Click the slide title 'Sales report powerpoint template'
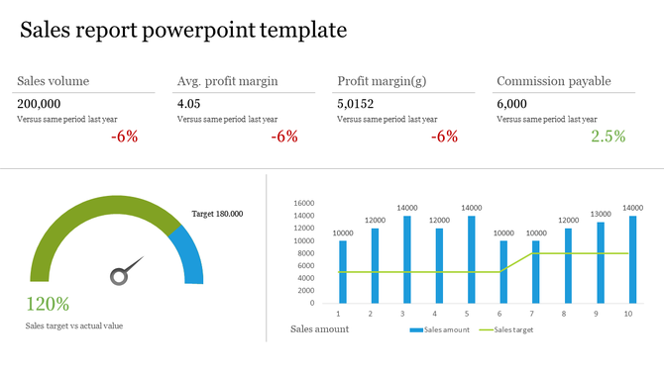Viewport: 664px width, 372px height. (x=183, y=30)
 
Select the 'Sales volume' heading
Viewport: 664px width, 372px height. (x=53, y=81)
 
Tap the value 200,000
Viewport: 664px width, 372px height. (x=39, y=103)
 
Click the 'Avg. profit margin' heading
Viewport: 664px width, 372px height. (x=227, y=81)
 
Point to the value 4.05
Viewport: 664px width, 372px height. (x=188, y=103)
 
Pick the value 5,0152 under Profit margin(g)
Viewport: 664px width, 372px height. (x=356, y=103)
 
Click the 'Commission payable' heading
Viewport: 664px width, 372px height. (x=553, y=81)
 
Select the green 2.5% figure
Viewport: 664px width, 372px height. (x=608, y=137)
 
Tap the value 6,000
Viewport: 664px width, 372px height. (x=512, y=103)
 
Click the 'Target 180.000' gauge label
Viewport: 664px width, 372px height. (x=217, y=214)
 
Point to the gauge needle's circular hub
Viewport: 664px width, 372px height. (x=118, y=276)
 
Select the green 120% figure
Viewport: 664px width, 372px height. (x=48, y=304)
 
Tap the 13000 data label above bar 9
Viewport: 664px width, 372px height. (x=600, y=214)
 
